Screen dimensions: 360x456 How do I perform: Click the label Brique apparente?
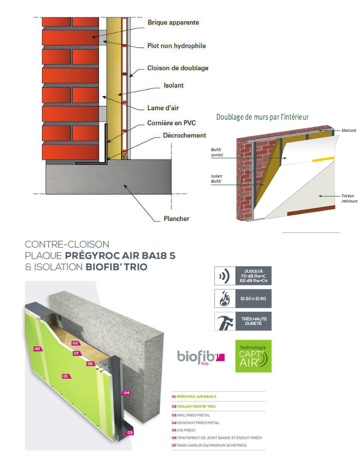tap(173, 23)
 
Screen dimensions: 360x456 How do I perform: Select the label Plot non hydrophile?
tap(177, 46)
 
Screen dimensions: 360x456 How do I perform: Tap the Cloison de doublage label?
tap(178, 68)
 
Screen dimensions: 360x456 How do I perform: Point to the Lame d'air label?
tap(163, 108)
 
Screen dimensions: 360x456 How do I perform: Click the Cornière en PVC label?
tap(171, 123)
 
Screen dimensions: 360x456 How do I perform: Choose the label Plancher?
tap(176, 219)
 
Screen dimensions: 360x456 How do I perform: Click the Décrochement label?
tap(184, 135)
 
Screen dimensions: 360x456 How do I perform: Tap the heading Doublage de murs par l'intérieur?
tap(262, 117)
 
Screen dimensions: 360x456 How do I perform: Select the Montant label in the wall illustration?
tap(349, 130)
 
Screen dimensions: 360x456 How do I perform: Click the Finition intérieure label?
tap(349, 198)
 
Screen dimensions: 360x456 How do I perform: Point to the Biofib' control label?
tap(217, 152)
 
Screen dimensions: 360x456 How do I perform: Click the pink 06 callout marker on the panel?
tap(37, 349)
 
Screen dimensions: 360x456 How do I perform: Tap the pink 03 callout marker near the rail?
tap(130, 432)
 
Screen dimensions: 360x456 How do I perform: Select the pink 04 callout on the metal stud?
tap(126, 392)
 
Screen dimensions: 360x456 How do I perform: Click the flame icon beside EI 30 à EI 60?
tap(224, 298)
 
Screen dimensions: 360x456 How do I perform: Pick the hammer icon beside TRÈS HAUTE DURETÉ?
tap(225, 321)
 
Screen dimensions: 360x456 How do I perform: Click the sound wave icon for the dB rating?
tap(225, 276)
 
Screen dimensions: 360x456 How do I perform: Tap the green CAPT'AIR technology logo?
tap(254, 356)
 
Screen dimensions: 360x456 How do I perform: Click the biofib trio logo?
tap(201, 357)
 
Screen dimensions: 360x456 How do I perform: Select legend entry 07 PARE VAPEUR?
tap(209, 445)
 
